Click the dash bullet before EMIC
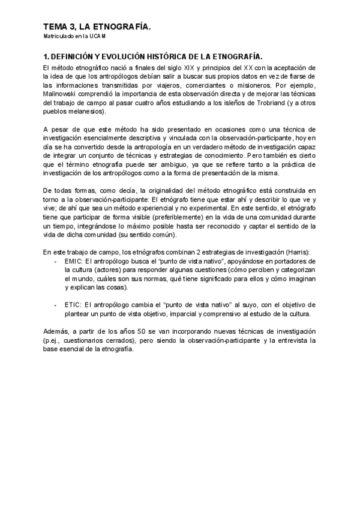(x=55, y=262)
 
